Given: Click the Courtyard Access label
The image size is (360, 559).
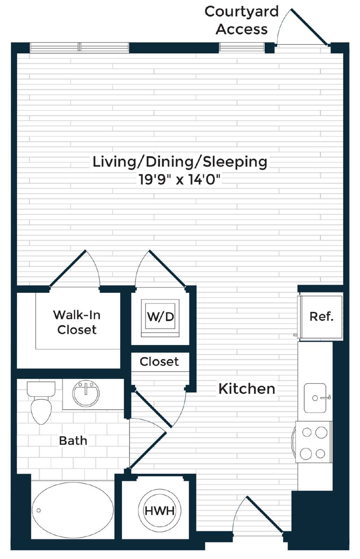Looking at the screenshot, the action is pos(242,21).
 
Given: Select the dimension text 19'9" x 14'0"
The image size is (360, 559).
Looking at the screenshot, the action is pos(180,180).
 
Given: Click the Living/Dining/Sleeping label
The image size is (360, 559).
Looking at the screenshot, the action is pos(180,162).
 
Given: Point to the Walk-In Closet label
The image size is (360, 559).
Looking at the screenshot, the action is pos(77,322).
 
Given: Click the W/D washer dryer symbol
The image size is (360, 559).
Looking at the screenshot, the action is pos(160,318).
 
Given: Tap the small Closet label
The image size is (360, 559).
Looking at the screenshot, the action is pos(159,362).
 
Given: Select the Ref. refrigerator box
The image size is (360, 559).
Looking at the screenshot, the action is pos(321,317).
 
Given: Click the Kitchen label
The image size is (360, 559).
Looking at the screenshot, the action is pos(247,389).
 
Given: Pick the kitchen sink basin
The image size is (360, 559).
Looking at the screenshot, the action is pos(315,398).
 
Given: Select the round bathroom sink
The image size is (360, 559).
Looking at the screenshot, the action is pos(86,393).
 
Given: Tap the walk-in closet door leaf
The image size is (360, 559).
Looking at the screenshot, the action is pos(67,268).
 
